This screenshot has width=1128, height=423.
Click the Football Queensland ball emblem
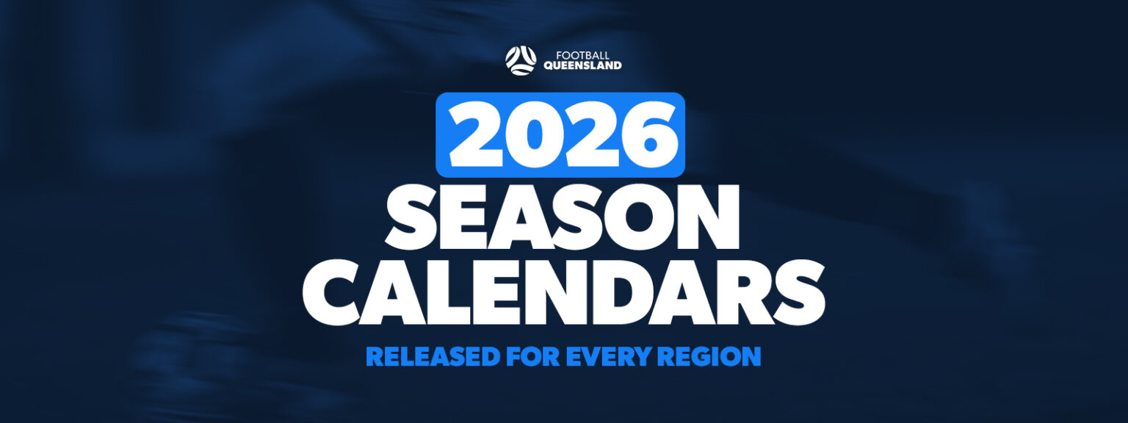click(521, 60)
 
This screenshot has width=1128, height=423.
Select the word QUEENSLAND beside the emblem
click(582, 65)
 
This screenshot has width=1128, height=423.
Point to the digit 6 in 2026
click(642, 136)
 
